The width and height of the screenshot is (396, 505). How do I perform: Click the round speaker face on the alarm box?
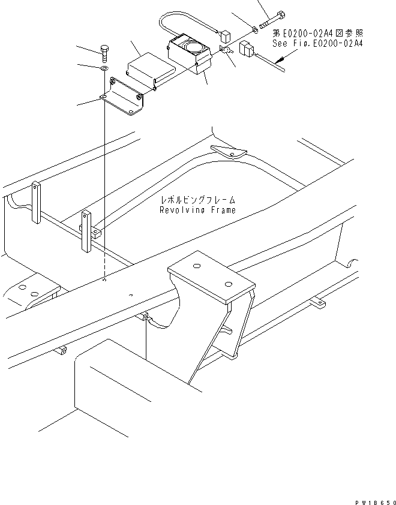click(x=195, y=46)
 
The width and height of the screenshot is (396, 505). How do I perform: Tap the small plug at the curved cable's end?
click(x=226, y=36)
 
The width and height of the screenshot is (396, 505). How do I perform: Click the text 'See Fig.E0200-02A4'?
click(x=318, y=44)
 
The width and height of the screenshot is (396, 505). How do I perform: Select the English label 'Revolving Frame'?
click(x=197, y=210)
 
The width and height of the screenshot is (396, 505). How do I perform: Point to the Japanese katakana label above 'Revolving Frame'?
click(x=197, y=200)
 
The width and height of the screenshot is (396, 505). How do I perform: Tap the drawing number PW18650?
click(x=372, y=499)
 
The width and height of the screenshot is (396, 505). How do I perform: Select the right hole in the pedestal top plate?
click(x=227, y=284)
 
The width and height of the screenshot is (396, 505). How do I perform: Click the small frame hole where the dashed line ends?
click(x=104, y=280)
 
